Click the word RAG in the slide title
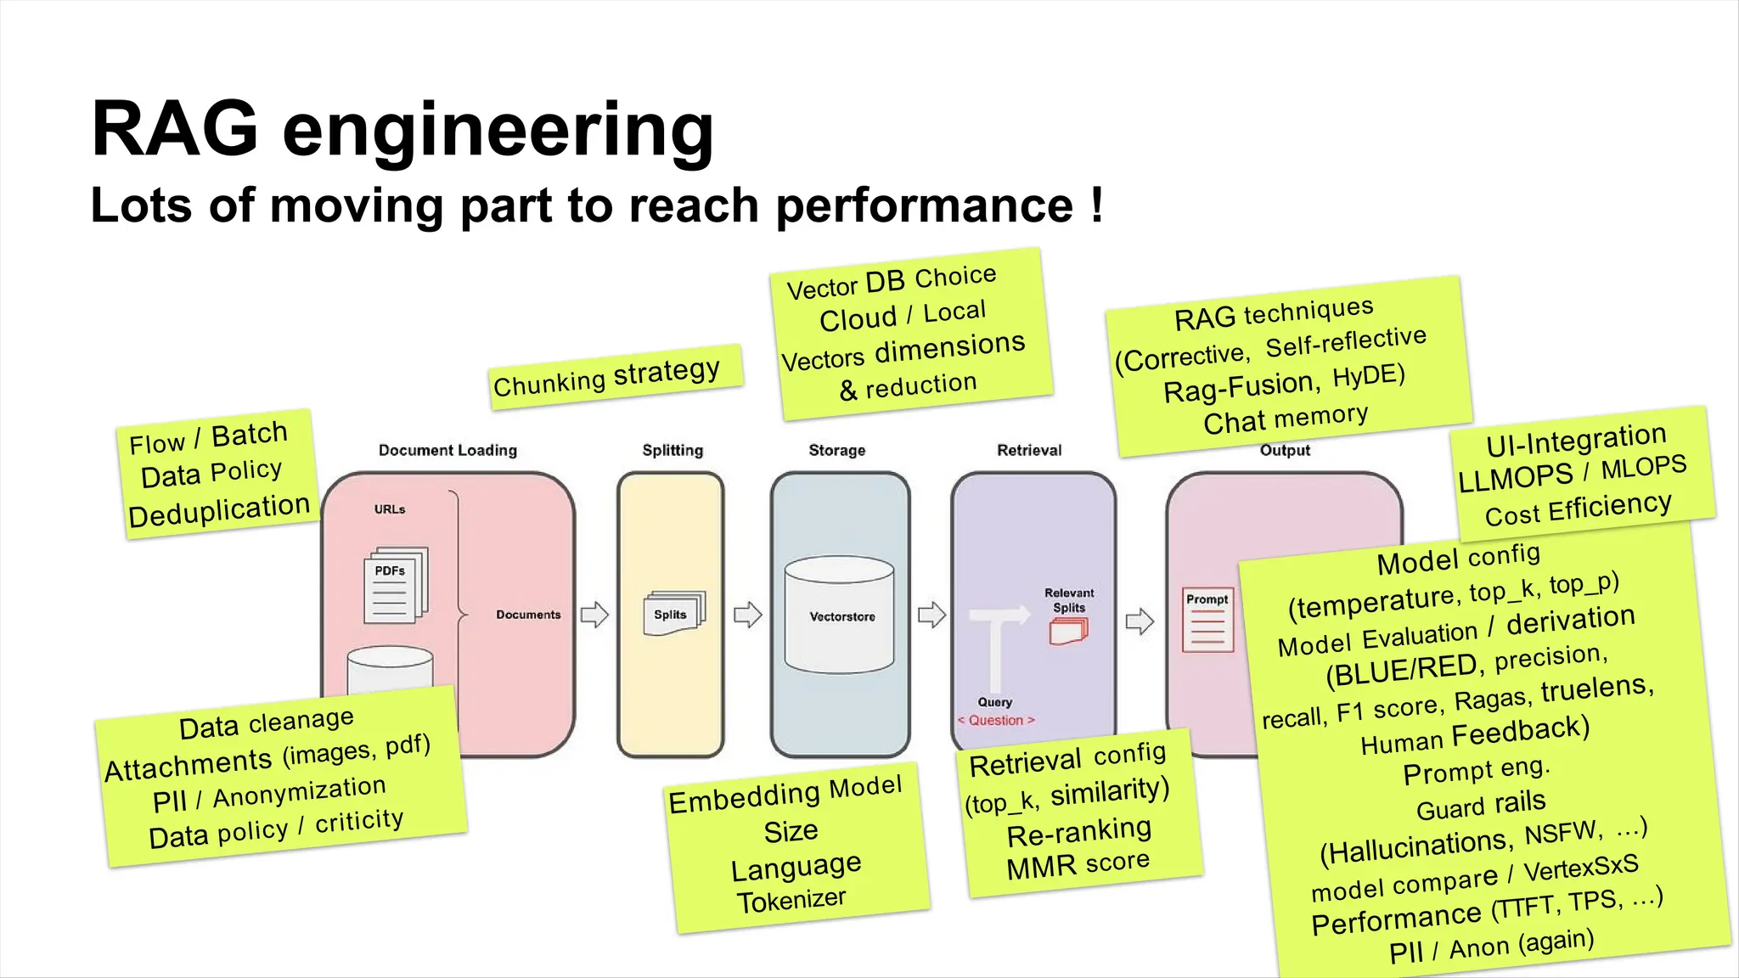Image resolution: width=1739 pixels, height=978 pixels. (174, 129)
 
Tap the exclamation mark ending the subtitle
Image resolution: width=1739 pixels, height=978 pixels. (1096, 205)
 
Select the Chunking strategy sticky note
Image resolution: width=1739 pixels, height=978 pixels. (615, 376)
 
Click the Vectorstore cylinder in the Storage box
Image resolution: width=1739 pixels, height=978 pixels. (840, 615)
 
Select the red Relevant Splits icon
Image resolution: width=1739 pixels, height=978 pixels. (1067, 631)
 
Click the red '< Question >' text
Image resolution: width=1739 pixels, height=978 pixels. (996, 720)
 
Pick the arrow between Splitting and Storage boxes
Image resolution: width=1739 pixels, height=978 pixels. (747, 614)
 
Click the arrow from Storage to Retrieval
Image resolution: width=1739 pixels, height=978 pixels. (931, 614)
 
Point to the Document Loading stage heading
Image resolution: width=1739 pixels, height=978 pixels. (447, 450)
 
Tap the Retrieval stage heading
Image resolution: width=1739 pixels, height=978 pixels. (1028, 450)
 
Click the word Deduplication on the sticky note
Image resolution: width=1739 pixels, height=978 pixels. (219, 510)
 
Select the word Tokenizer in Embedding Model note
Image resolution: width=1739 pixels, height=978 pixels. (791, 900)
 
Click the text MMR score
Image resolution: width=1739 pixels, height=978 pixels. (1078, 864)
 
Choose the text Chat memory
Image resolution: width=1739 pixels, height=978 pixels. (1285, 418)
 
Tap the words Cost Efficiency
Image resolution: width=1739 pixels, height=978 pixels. (1578, 509)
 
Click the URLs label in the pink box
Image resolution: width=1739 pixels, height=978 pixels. (390, 509)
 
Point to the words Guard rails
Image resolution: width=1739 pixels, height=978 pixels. (1481, 804)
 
